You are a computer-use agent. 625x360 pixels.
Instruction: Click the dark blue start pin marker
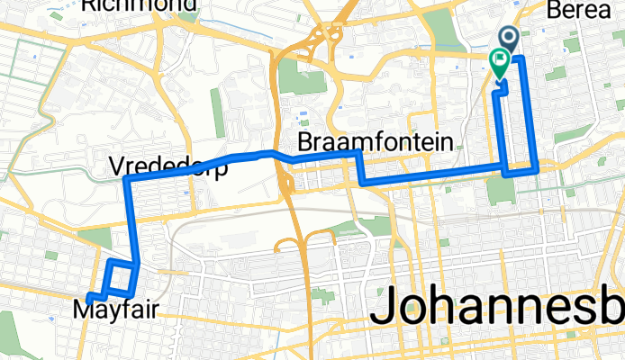coord(509,37)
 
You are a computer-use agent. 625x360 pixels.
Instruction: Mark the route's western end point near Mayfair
coord(90,296)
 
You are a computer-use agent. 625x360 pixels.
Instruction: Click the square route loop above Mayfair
coord(121,278)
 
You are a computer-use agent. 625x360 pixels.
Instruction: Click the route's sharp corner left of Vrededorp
coord(125,181)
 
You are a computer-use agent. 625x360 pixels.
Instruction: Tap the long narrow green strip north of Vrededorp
coord(217,112)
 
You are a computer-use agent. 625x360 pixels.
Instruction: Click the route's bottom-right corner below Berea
coord(537,167)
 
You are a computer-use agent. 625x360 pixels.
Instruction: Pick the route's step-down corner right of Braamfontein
coord(361,182)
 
